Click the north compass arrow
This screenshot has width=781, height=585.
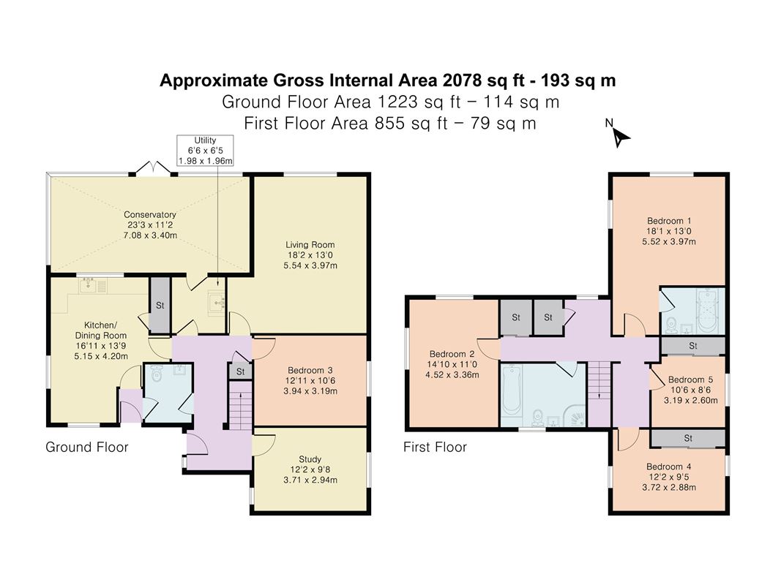point(621,136)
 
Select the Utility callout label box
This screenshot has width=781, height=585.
point(205,151)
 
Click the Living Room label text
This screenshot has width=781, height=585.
point(311,255)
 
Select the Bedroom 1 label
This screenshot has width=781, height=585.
point(669,231)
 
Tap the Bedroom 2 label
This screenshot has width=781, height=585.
point(452,365)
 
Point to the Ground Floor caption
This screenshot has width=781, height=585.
point(87,447)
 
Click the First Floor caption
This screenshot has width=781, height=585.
point(435,447)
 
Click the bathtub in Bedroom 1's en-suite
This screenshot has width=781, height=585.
point(707,310)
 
